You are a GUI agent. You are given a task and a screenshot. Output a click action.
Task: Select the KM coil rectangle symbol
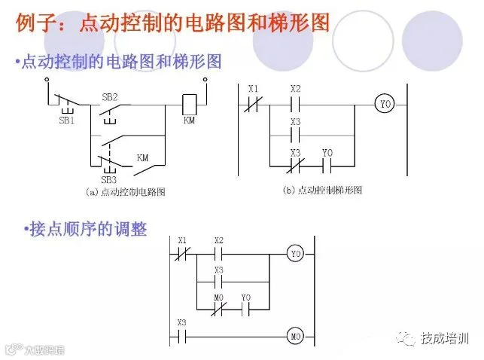[x=190, y=100]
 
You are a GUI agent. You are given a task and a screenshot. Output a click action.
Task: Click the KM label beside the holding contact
[x=143, y=158]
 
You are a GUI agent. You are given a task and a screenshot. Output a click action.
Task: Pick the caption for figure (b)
[x=322, y=191]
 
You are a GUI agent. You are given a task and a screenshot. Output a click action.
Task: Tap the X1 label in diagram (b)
[x=254, y=89]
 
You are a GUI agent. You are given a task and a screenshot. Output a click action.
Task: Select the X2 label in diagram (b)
[x=296, y=89]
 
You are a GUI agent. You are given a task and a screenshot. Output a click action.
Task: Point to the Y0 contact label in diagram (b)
[x=327, y=153]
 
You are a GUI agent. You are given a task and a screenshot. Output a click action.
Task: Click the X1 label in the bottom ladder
[x=182, y=240]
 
